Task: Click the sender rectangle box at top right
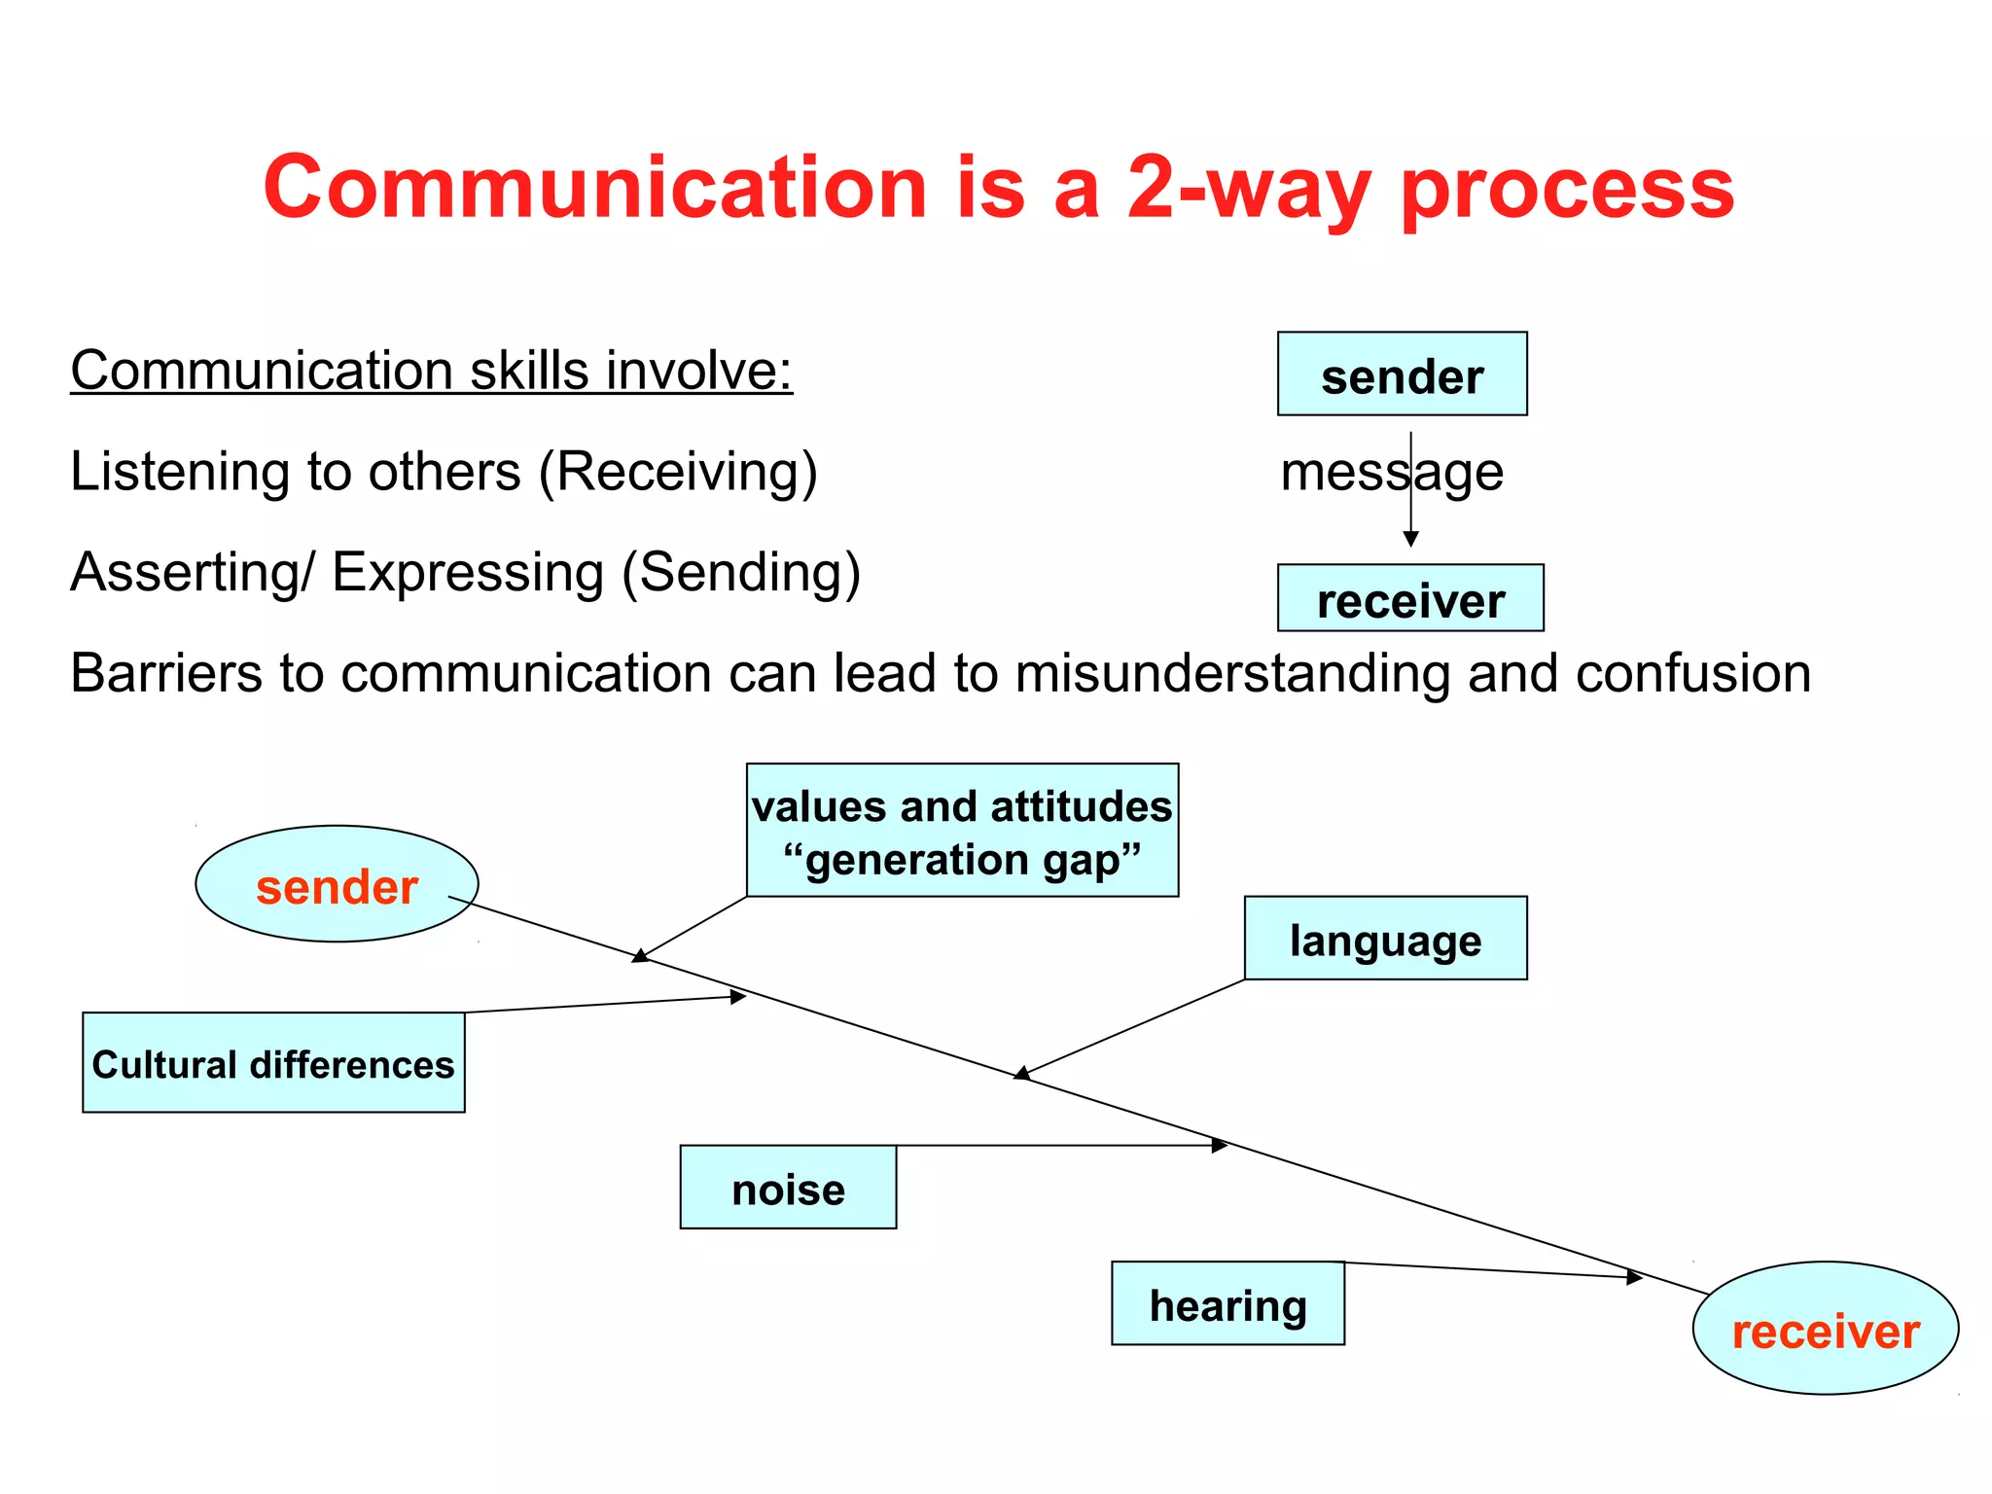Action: click(1402, 374)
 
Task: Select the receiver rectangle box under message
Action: click(1409, 598)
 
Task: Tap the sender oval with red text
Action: click(337, 884)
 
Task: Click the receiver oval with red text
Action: click(1825, 1329)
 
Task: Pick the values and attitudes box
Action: click(962, 830)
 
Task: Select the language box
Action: click(1385, 938)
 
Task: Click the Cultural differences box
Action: click(273, 1062)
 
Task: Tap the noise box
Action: click(788, 1188)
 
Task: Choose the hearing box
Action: click(1227, 1303)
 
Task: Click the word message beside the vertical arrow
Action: click(1391, 473)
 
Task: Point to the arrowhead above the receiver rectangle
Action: click(1410, 539)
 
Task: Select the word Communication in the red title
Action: click(594, 188)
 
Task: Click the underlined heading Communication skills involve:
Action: click(432, 371)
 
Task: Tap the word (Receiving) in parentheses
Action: click(678, 473)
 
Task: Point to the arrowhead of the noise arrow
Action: click(1221, 1146)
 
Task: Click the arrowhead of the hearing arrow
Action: click(1635, 1277)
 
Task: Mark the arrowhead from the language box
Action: click(1021, 1073)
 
